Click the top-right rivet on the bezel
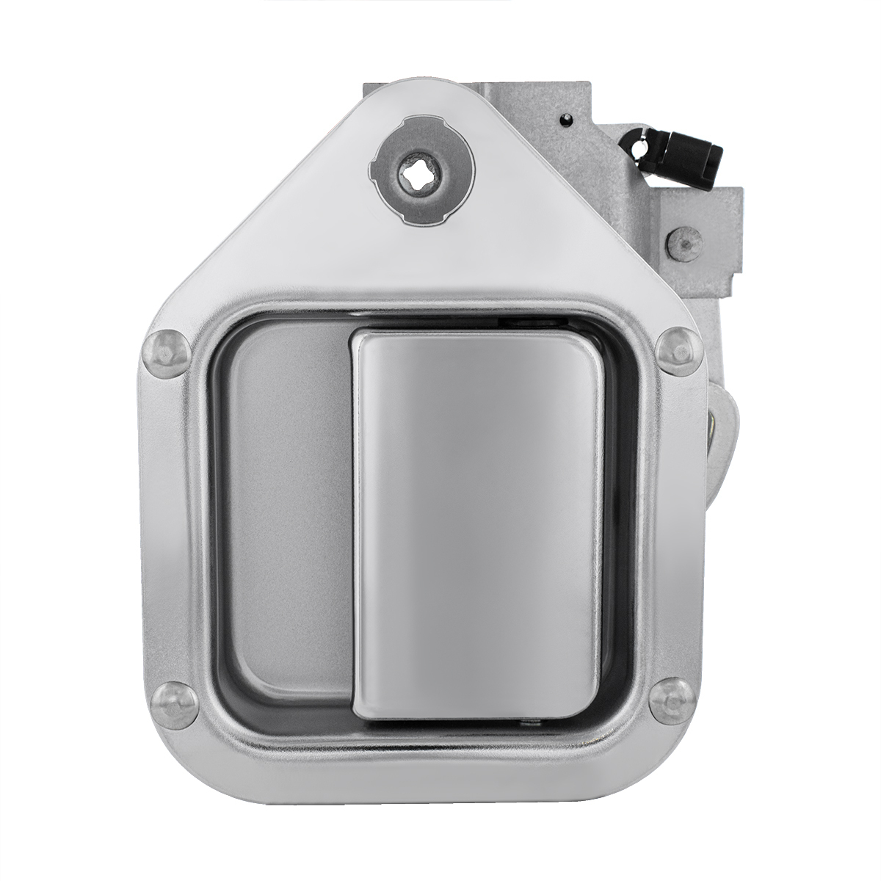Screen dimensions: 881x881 pyautogui.click(x=676, y=349)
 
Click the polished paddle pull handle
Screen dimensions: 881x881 pyautogui.click(x=477, y=521)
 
